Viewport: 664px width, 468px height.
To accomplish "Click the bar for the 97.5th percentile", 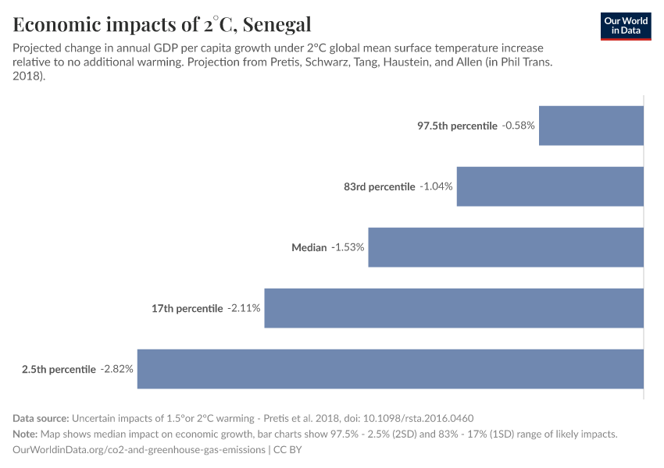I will [591, 126].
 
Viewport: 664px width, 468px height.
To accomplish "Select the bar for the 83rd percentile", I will [550, 186].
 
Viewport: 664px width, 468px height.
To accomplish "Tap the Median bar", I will [505, 247].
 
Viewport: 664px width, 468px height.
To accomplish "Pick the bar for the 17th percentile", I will [454, 308].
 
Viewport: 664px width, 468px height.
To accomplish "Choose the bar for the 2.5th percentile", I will [390, 369].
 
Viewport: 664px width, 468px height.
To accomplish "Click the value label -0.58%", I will [519, 126].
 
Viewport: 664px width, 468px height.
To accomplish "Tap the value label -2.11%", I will [244, 308].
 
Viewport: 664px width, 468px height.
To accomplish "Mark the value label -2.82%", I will [117, 369].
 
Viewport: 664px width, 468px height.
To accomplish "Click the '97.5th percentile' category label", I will [457, 126].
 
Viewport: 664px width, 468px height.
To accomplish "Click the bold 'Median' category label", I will [309, 247].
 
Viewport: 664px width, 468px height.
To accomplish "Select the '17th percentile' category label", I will [187, 308].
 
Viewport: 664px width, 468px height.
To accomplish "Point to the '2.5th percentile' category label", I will [59, 369].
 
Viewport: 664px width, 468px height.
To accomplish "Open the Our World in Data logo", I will [626, 25].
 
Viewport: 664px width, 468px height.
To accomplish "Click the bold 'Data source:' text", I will [41, 418].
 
